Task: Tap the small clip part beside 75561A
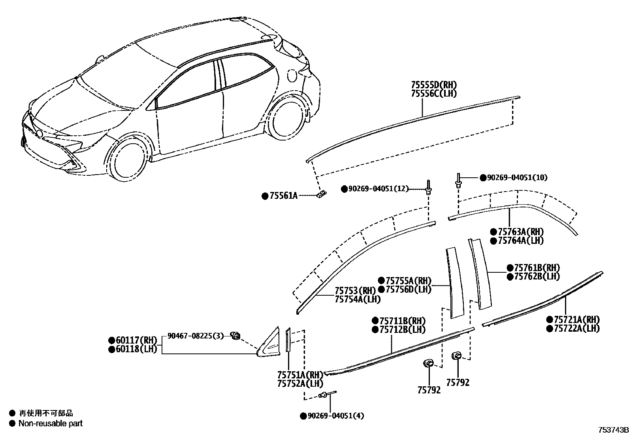click(322, 194)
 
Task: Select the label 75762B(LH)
click(537, 277)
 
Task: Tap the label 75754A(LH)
click(358, 300)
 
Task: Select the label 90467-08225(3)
click(196, 336)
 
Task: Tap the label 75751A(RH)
click(300, 375)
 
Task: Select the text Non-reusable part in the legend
click(51, 424)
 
